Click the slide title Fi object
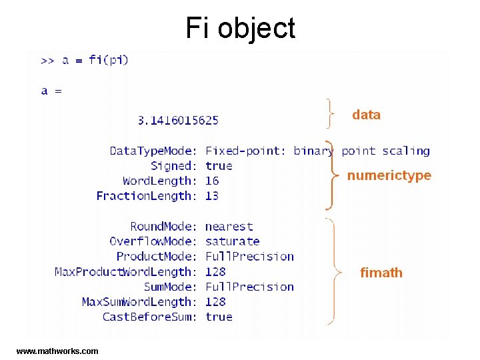coord(240,28)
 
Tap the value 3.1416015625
coord(178,120)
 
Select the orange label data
coord(366,115)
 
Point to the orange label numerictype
coord(389,175)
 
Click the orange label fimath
coord(381,272)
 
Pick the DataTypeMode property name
coord(153,151)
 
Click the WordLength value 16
coord(212,181)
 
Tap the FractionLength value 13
coord(212,196)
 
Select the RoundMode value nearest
coord(229,227)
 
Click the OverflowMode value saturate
coord(232,241)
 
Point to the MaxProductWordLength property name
coord(126,272)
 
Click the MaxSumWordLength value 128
coord(215,302)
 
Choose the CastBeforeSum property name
coord(149,317)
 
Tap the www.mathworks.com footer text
coord(57,351)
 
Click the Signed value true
coord(219,166)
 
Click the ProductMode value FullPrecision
coord(249,257)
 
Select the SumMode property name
coord(171,287)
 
